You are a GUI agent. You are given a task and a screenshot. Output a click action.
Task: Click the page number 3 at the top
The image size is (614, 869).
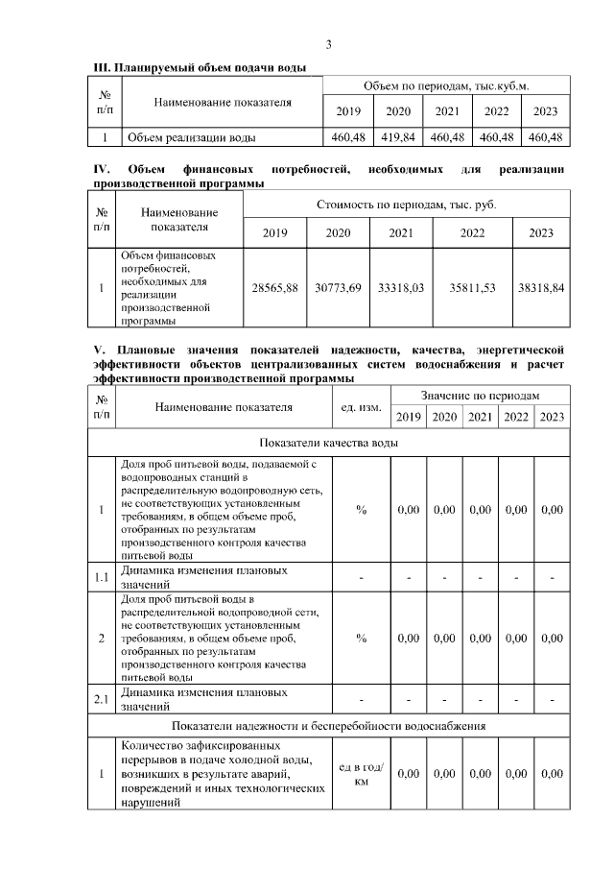[x=328, y=45]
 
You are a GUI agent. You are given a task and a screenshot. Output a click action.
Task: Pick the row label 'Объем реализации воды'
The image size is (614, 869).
[x=191, y=137]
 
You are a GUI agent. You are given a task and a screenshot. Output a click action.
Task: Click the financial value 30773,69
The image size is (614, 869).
[x=338, y=288]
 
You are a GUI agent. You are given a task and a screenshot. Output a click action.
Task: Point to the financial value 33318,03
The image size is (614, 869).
[x=401, y=288]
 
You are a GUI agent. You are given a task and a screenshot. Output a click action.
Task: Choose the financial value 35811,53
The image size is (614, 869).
[x=472, y=288]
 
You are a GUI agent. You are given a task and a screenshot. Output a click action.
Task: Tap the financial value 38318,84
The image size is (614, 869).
[x=541, y=288]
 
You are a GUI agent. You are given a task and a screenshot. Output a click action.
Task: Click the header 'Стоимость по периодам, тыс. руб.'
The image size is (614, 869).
[x=407, y=205]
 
